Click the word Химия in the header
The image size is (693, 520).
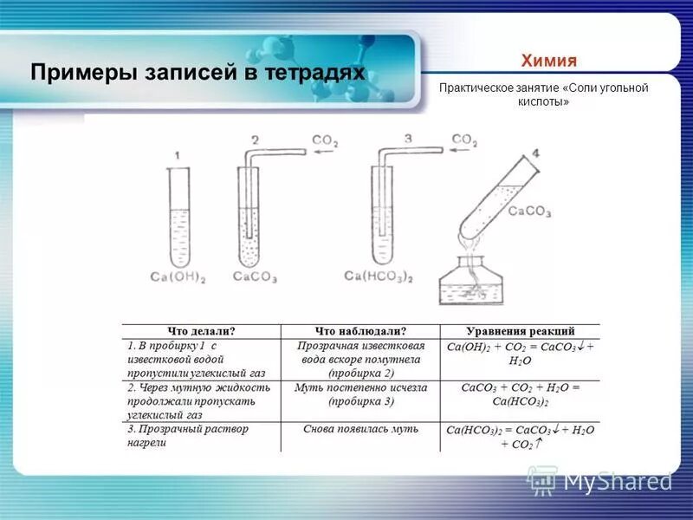pyautogui.click(x=548, y=61)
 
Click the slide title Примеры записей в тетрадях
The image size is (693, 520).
pyautogui.click(x=198, y=72)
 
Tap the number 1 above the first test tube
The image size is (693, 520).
pyautogui.click(x=177, y=155)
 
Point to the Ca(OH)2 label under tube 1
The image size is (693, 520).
pyautogui.click(x=178, y=277)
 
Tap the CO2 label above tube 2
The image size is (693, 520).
pyautogui.click(x=327, y=142)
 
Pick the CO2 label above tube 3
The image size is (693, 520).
pyautogui.click(x=463, y=139)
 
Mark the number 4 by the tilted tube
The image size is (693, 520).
pyautogui.click(x=534, y=153)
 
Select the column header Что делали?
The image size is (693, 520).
pyautogui.click(x=201, y=331)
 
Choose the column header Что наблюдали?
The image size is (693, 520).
pyautogui.click(x=360, y=331)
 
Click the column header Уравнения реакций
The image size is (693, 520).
pyautogui.click(x=520, y=331)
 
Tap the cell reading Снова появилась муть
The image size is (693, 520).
pyautogui.click(x=360, y=429)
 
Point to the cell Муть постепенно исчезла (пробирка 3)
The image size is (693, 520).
pyautogui.click(x=360, y=394)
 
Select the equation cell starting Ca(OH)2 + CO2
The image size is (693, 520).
pyautogui.click(x=520, y=354)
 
